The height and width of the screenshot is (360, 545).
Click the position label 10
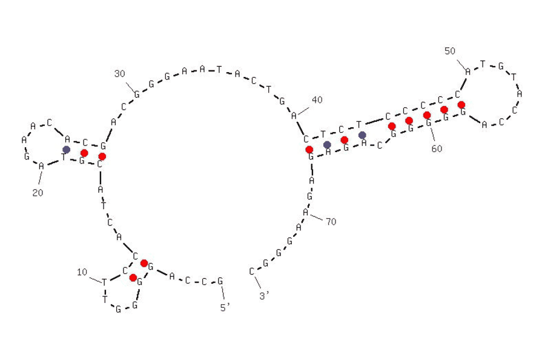[x=82, y=272]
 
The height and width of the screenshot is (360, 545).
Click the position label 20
[x=37, y=192]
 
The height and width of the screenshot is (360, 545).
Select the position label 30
[x=119, y=73]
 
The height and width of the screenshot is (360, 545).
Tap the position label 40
[x=317, y=99]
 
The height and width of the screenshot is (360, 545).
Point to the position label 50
[x=450, y=51]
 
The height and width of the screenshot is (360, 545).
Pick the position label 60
[x=437, y=148]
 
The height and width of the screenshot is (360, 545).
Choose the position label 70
[x=331, y=222]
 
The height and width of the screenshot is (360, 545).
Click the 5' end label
[x=225, y=307]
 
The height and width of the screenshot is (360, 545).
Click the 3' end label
[x=264, y=295]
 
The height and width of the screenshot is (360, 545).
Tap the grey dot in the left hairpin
[x=66, y=149]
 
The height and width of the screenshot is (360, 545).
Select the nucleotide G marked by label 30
[x=137, y=94]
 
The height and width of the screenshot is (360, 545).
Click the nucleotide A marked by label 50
[x=468, y=72]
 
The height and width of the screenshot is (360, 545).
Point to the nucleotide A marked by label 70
[x=306, y=212]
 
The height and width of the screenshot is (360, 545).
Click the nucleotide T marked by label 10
[x=104, y=282]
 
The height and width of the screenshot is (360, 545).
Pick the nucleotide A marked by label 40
[x=294, y=115]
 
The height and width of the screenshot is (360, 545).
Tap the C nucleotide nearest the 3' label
[x=252, y=271]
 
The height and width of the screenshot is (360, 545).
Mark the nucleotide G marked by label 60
[x=428, y=123]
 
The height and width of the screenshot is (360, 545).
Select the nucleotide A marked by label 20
[x=41, y=166]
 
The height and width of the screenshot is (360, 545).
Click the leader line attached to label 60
[x=432, y=135]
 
